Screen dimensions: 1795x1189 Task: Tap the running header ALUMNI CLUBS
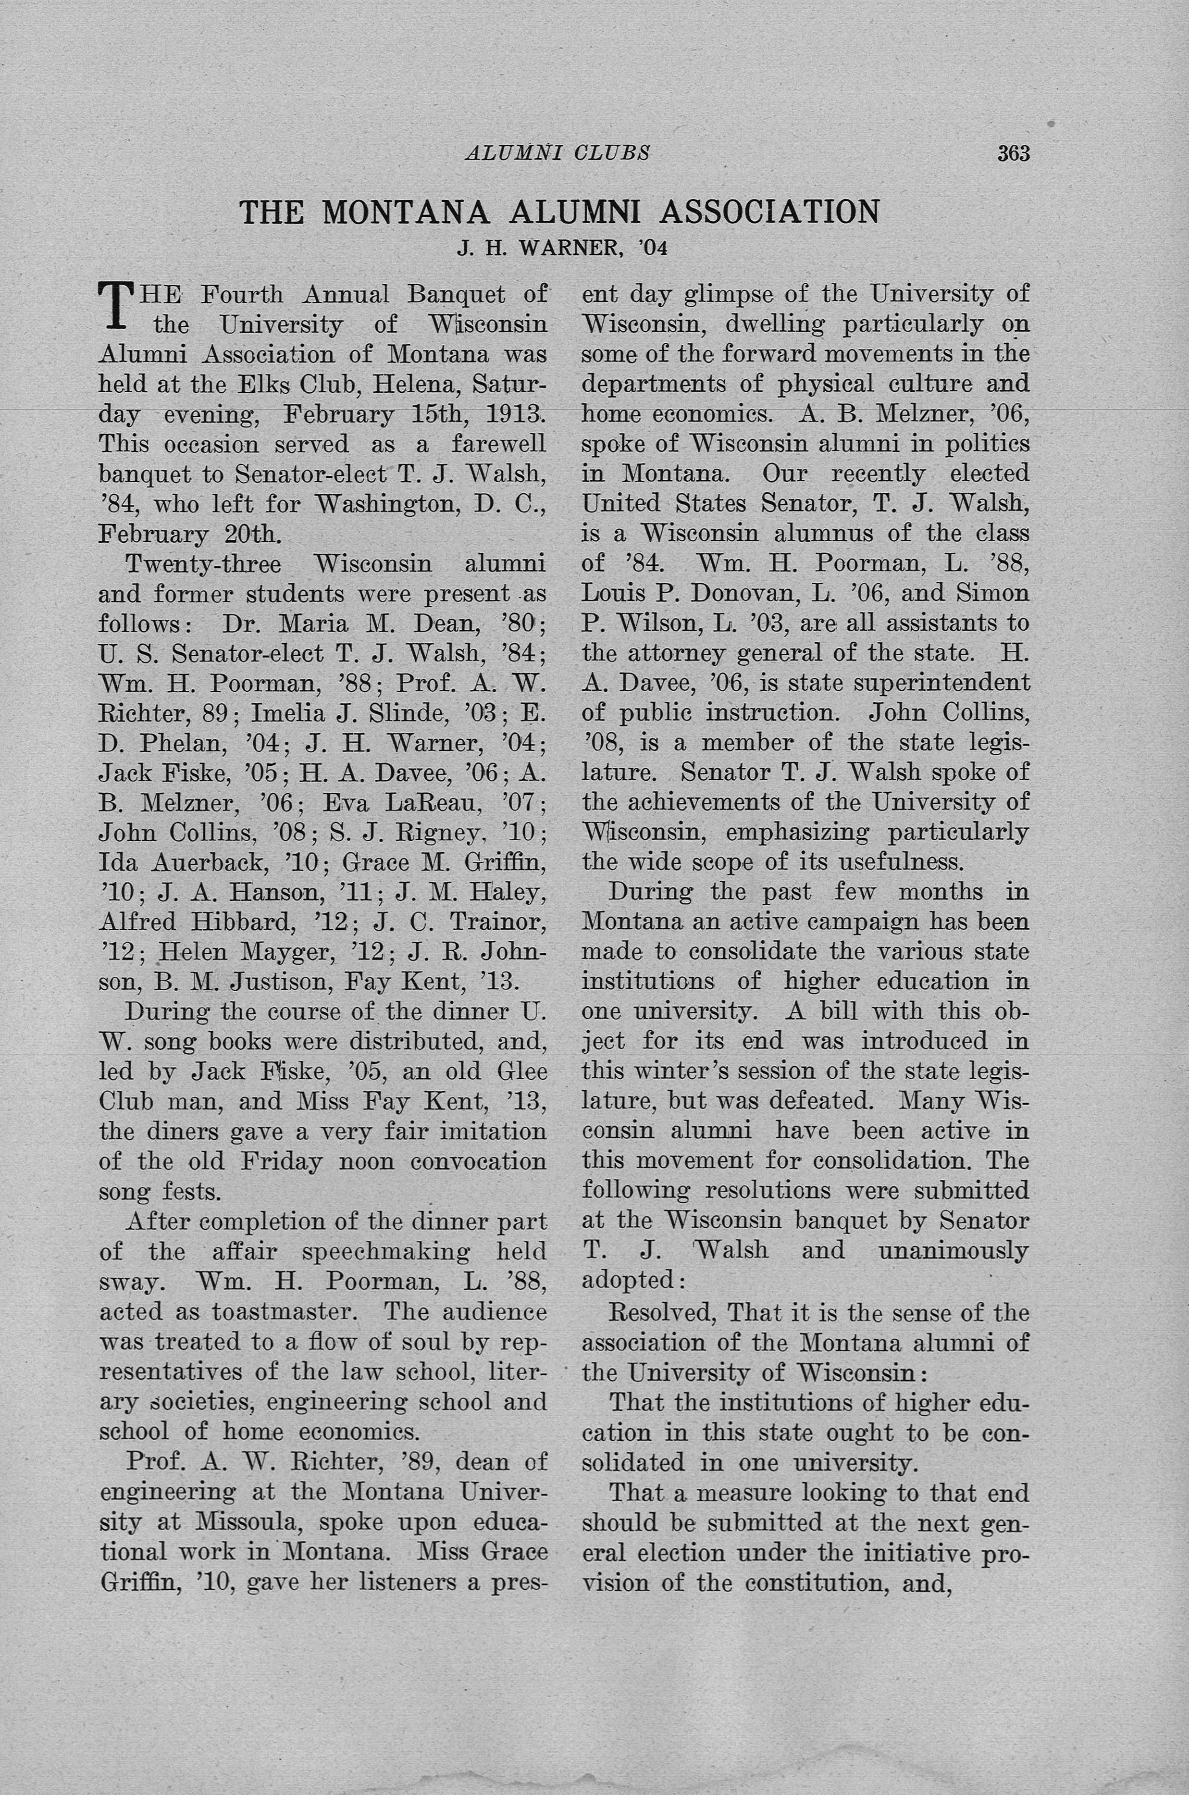[x=557, y=153]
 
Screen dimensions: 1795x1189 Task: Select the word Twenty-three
[x=203, y=564]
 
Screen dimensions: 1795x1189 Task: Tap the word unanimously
[x=953, y=1250]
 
